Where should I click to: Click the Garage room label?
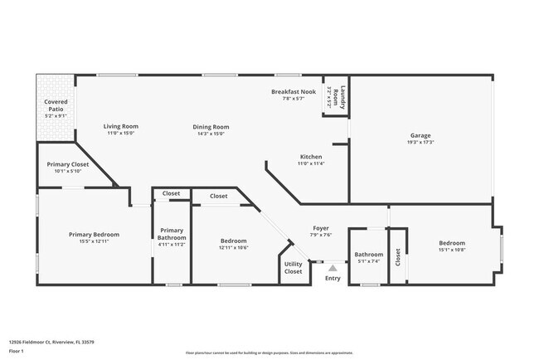(420, 135)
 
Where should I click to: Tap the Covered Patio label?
(56, 105)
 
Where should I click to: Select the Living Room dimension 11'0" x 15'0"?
(120, 133)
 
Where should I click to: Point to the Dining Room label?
(211, 127)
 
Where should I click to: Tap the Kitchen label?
(311, 157)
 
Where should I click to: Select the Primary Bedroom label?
(94, 235)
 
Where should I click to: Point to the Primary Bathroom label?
(172, 234)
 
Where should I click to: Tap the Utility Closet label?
(294, 267)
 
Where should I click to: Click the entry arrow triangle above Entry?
(333, 268)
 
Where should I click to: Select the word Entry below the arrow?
(333, 278)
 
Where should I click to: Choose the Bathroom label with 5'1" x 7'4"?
(369, 255)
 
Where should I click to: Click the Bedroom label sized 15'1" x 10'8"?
(452, 243)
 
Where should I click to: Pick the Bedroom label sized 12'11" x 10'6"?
(233, 241)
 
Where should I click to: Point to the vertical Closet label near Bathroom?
(397, 257)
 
